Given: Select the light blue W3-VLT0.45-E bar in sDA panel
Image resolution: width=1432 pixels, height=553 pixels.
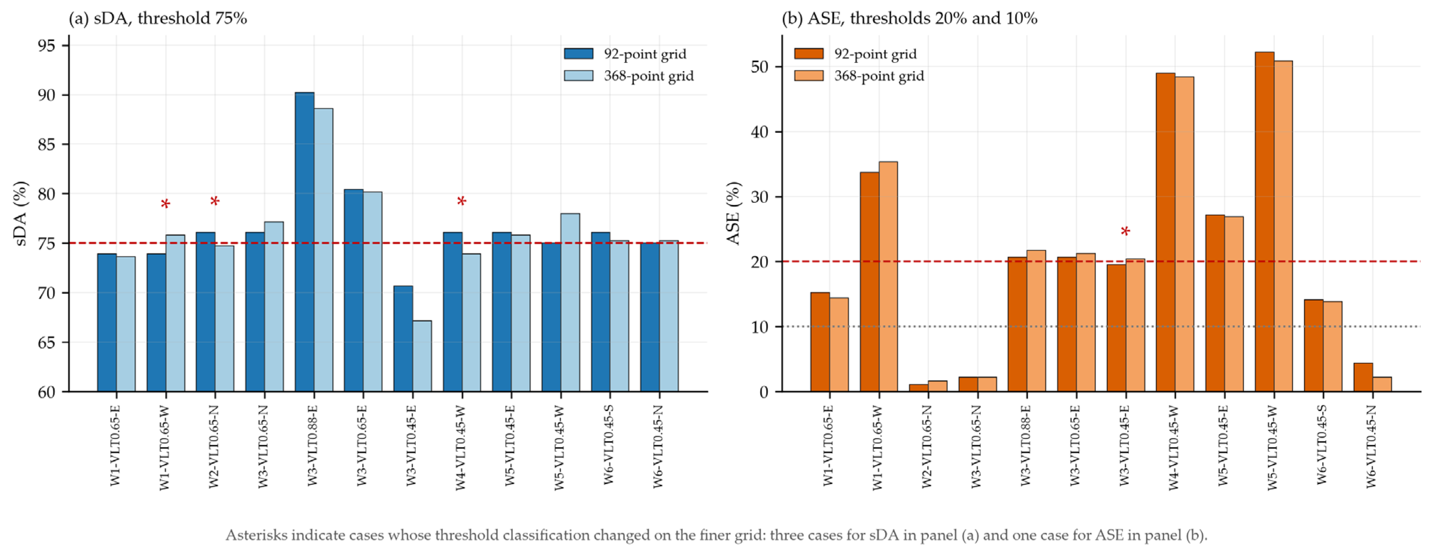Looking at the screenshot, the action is point(422,356).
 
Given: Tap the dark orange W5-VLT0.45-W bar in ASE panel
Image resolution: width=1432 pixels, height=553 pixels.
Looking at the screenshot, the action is point(1265,222).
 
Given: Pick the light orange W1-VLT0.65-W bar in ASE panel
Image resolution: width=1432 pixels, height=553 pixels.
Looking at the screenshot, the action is point(888,277).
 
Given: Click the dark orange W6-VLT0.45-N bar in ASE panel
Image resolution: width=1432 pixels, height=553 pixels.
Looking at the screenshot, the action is point(1363,377).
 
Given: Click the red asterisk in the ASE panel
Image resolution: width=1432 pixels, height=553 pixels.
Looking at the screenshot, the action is point(1125,232).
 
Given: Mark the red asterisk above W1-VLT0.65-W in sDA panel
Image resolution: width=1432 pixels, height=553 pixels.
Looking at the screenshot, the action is point(165,205).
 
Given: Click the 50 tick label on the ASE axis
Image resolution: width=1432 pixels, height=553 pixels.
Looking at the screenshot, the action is point(760,67).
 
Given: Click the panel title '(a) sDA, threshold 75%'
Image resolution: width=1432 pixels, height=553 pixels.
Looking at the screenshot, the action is point(158,18).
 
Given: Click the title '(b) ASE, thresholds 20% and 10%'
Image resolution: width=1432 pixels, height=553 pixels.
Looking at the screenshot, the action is point(909,18).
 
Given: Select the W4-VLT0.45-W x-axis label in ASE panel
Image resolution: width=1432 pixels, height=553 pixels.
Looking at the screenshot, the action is point(1174,447).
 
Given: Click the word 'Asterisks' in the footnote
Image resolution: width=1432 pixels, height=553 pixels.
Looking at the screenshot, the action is point(256,535).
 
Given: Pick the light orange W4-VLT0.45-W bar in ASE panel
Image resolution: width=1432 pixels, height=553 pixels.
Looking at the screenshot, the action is point(1184,234).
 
